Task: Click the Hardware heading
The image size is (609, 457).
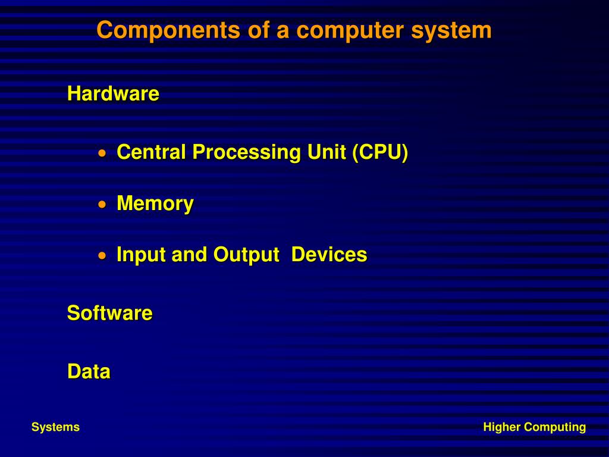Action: [113, 93]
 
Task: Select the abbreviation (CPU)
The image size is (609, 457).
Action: [379, 152]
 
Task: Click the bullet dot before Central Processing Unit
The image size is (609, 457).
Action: [103, 153]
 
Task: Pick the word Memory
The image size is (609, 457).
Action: [155, 204]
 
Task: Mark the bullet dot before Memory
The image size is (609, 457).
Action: [103, 204]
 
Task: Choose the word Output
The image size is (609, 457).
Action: [246, 255]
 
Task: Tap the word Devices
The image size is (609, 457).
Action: [329, 254]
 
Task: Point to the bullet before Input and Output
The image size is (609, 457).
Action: [103, 255]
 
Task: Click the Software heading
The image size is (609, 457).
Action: [109, 312]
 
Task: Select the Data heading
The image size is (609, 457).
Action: [89, 371]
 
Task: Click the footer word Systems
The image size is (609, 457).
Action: [55, 427]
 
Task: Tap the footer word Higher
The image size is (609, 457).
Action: [501, 427]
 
